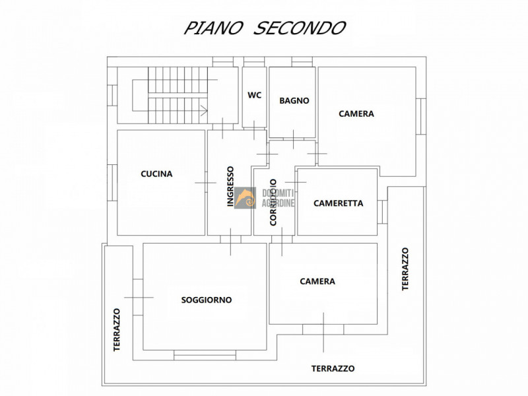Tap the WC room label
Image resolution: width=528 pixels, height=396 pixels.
pyautogui.click(x=254, y=95)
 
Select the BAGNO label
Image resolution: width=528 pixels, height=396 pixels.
pyautogui.click(x=294, y=101)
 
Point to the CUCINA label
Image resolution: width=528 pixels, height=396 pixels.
pyautogui.click(x=156, y=174)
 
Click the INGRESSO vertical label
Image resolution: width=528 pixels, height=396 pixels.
pyautogui.click(x=230, y=186)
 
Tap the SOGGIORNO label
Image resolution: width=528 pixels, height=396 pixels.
pyautogui.click(x=207, y=300)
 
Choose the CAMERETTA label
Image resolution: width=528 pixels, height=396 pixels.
pyautogui.click(x=338, y=203)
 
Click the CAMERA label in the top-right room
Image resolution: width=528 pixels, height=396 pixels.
pyautogui.click(x=356, y=114)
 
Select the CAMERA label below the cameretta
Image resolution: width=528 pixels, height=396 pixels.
pyautogui.click(x=317, y=281)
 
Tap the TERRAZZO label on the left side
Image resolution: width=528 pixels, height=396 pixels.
pyautogui.click(x=117, y=329)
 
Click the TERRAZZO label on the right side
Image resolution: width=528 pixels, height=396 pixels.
pyautogui.click(x=405, y=269)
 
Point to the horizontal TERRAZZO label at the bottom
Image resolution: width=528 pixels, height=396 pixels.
pyautogui.click(x=333, y=369)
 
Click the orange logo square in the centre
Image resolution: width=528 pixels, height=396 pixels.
pyautogui.click(x=245, y=197)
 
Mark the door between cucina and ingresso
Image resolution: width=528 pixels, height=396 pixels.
pyautogui.click(x=206, y=182)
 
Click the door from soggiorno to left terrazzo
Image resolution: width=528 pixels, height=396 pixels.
pyautogui.click(x=138, y=297)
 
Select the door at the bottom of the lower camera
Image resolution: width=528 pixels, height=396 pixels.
pyautogui.click(x=323, y=329)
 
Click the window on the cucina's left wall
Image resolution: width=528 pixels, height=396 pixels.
pyautogui.click(x=113, y=181)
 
